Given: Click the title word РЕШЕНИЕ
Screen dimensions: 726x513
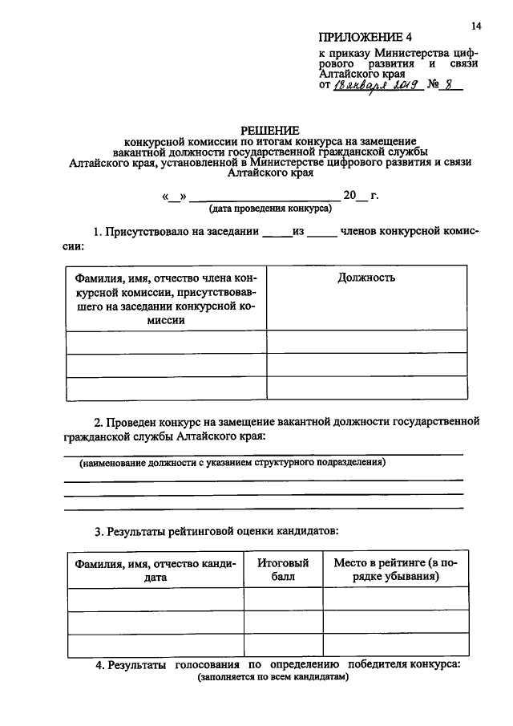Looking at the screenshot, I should pyautogui.click(x=270, y=131).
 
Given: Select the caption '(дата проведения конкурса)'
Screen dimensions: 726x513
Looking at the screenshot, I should pyautogui.click(x=270, y=208).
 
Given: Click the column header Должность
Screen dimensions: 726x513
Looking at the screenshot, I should pyautogui.click(x=366, y=278).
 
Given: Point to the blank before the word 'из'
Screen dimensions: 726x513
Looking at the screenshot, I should pyautogui.click(x=278, y=233).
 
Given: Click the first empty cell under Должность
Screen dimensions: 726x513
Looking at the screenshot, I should pyautogui.click(x=366, y=342).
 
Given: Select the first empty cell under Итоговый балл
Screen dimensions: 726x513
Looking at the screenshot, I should pyautogui.click(x=283, y=600).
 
